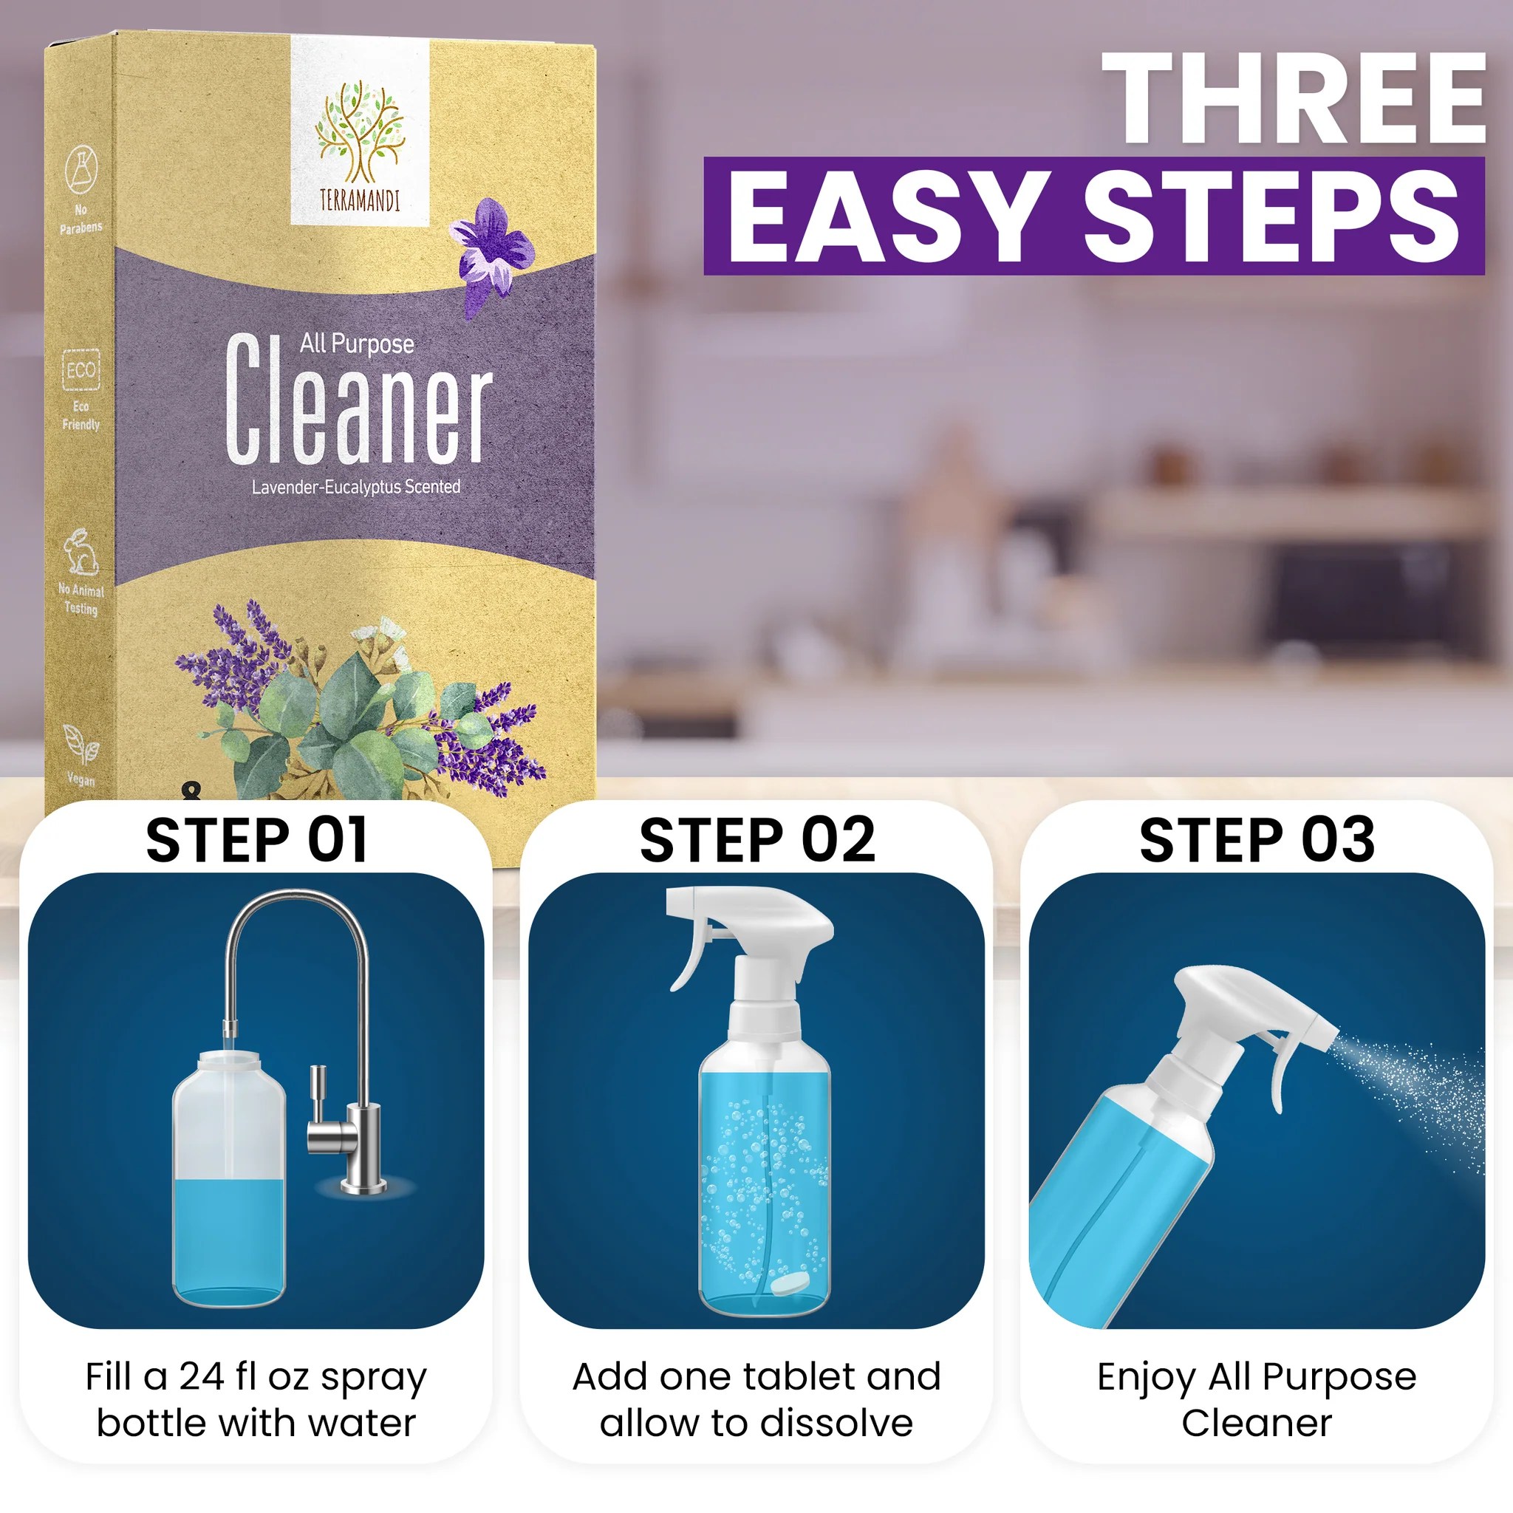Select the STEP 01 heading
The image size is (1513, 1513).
256,839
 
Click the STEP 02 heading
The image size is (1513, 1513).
756,839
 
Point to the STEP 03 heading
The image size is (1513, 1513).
1256,839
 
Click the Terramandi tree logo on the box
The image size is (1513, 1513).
360,133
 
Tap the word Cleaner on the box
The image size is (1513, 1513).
358,401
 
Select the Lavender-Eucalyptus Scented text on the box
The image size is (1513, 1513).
355,487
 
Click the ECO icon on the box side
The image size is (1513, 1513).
81,369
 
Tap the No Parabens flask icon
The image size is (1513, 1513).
81,168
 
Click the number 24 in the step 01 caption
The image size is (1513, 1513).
202,1378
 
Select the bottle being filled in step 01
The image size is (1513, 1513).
229,1183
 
